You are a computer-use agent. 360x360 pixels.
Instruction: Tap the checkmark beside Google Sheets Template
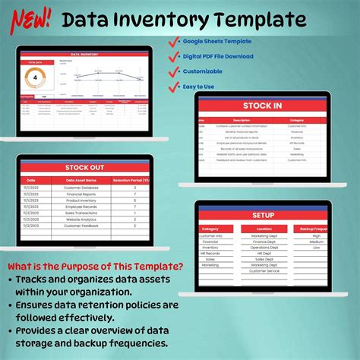pyautogui.click(x=177, y=42)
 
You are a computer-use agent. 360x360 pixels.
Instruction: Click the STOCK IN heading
pyautogui.click(x=263, y=106)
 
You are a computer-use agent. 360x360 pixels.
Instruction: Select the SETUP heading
pyautogui.click(x=263, y=215)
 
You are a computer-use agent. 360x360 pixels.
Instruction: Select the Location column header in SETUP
pyautogui.click(x=264, y=229)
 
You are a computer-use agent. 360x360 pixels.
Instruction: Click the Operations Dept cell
pyautogui.click(x=264, y=248)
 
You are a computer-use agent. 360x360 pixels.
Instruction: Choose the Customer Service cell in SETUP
pyautogui.click(x=264, y=271)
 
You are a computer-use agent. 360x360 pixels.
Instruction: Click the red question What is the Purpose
pyautogui.click(x=96, y=266)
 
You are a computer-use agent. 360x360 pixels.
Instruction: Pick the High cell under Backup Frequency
pyautogui.click(x=316, y=236)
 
